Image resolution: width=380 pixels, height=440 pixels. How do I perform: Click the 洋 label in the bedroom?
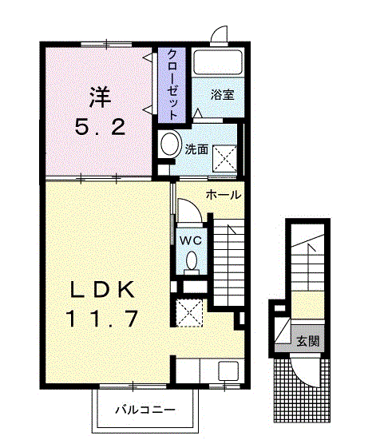pyautogui.click(x=101, y=97)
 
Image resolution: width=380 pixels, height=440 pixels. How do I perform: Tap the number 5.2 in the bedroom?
pyautogui.click(x=100, y=127)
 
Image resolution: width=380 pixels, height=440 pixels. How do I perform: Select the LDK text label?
pyautogui.click(x=102, y=290)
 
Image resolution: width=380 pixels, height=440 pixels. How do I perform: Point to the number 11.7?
pyautogui.click(x=102, y=319)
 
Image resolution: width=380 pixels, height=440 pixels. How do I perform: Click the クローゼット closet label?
pyautogui.click(x=172, y=85)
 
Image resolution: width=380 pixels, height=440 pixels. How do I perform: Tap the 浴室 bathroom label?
pyautogui.click(x=223, y=94)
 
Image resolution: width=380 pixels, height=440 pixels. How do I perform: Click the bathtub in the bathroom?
pyautogui.click(x=218, y=62)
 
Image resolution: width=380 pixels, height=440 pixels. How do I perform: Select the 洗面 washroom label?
pyautogui.click(x=196, y=149)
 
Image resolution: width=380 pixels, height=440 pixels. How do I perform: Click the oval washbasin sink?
pyautogui.click(x=170, y=144)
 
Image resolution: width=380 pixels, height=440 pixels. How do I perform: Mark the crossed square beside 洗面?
pyautogui.click(x=224, y=159)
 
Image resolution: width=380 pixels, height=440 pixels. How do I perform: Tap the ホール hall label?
pyautogui.click(x=224, y=195)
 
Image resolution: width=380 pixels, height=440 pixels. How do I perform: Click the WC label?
pyautogui.click(x=191, y=240)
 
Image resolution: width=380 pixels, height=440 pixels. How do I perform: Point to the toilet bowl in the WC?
pyautogui.click(x=192, y=261)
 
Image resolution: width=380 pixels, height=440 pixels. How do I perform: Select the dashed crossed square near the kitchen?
pyautogui.click(x=189, y=313)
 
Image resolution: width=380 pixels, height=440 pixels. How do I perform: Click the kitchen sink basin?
pyautogui.click(x=228, y=371)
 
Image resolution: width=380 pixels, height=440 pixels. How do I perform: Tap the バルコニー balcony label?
pyautogui.click(x=145, y=410)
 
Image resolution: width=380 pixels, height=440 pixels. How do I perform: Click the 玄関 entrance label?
pyautogui.click(x=308, y=341)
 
